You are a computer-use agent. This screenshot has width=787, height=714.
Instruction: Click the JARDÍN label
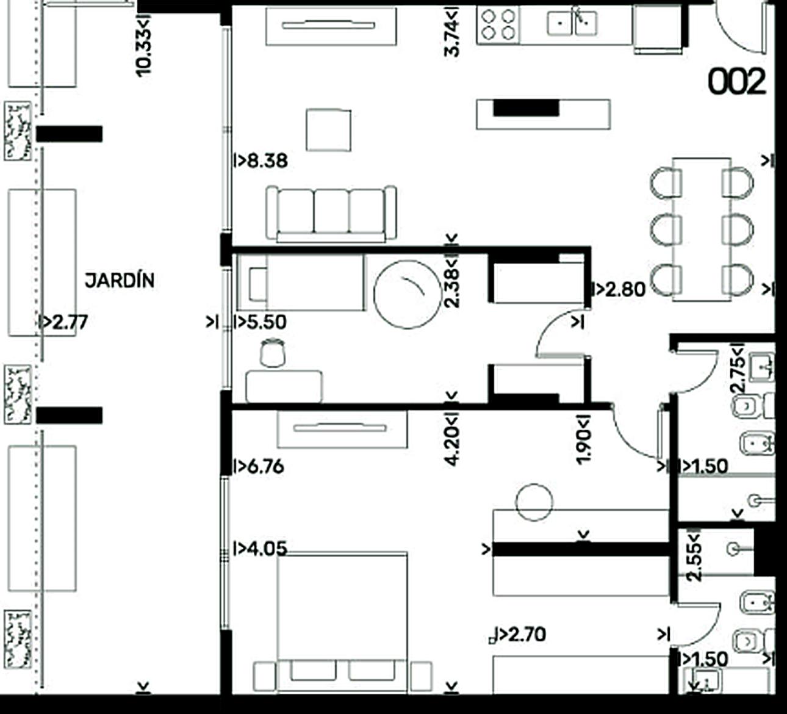[120, 280]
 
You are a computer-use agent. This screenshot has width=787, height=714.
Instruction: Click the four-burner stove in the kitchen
[498, 24]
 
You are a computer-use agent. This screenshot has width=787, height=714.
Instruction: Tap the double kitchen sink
[572, 23]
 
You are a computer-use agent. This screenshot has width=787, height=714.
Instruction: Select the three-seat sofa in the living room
[331, 214]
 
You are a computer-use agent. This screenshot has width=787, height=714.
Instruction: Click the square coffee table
[329, 130]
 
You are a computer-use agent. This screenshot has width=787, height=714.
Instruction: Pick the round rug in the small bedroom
[408, 294]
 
